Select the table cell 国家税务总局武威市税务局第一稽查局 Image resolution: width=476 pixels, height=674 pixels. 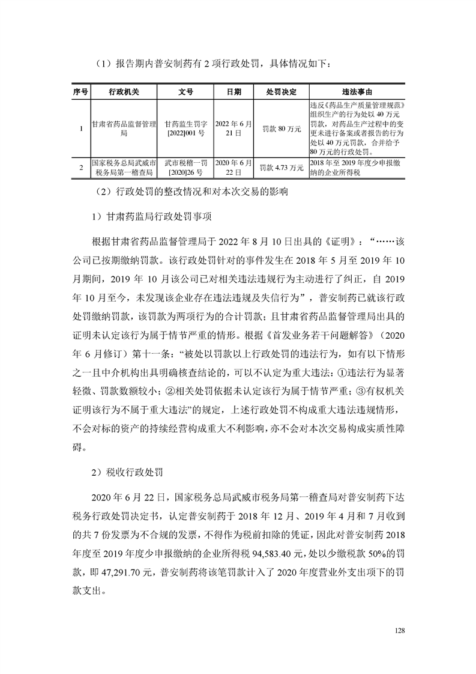(124, 168)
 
